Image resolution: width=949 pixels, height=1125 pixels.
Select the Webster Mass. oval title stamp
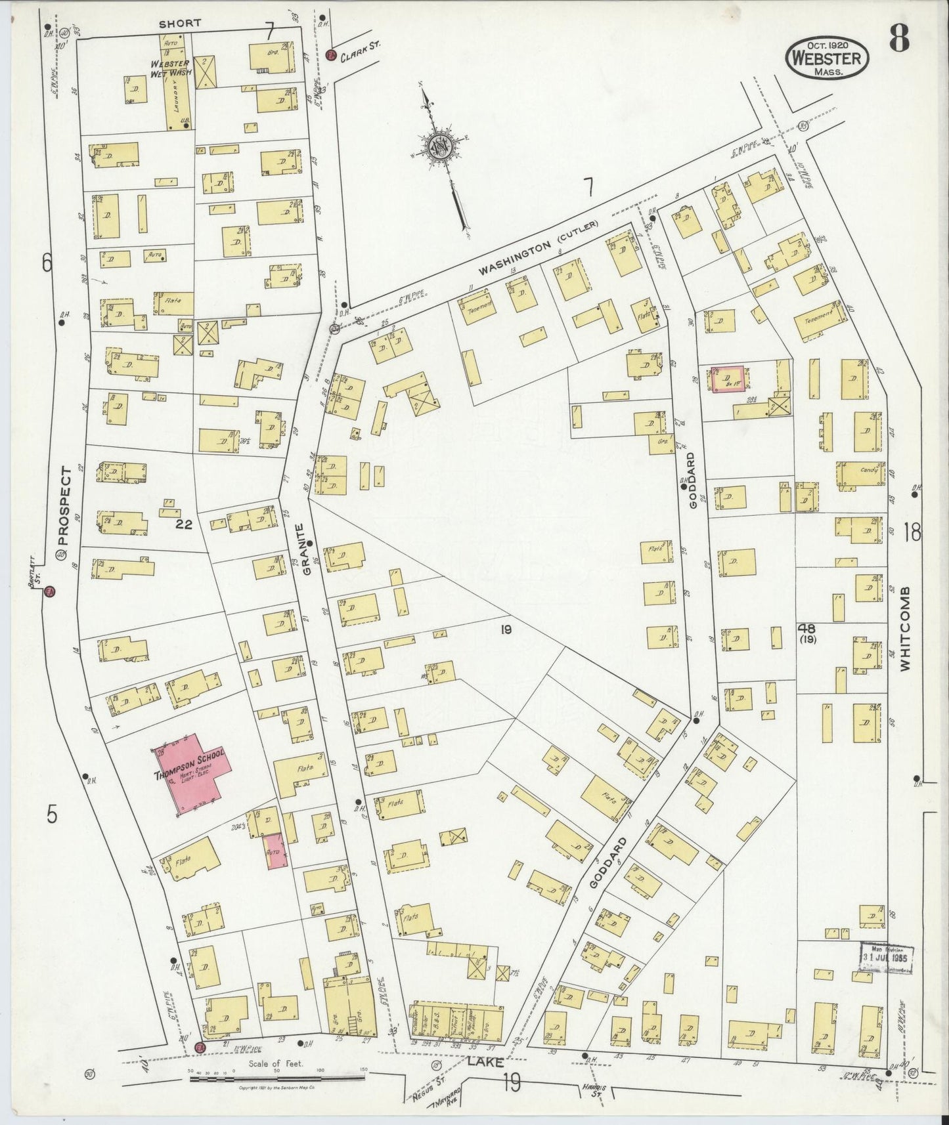[827, 57]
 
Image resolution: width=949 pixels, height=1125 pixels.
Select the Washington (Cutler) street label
[539, 247]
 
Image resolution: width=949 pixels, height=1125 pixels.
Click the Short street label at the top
[179, 24]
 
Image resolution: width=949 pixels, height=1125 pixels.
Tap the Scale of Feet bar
[275, 1078]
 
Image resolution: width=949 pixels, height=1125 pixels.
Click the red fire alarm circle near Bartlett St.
[49, 592]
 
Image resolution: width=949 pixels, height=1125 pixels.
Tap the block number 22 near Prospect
[184, 524]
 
